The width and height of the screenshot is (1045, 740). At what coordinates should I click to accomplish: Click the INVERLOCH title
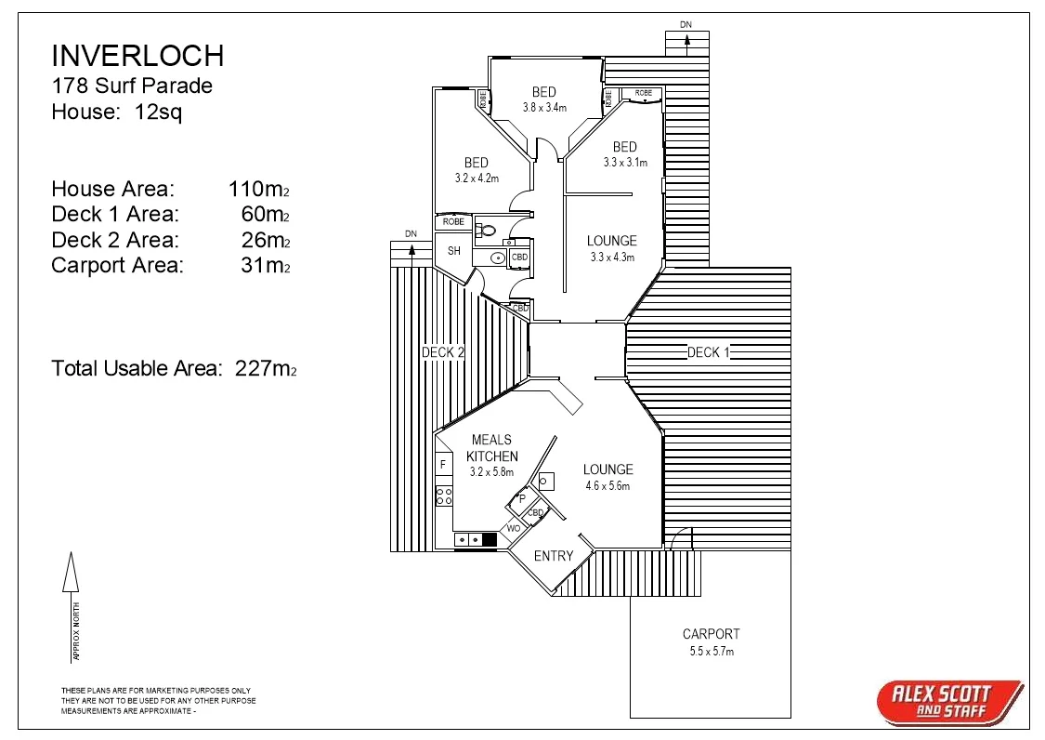pyautogui.click(x=137, y=56)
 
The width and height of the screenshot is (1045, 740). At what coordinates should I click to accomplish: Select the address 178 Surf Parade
pyautogui.click(x=132, y=86)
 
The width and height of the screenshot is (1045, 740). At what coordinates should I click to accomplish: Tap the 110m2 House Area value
pyautogui.click(x=259, y=189)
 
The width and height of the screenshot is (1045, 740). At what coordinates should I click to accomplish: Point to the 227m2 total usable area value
pyautogui.click(x=266, y=368)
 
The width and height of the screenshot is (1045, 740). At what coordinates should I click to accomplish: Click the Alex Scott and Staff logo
pyautogui.click(x=947, y=701)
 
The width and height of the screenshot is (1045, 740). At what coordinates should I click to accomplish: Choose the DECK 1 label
pyautogui.click(x=709, y=352)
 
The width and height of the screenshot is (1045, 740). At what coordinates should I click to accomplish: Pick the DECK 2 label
pyautogui.click(x=443, y=352)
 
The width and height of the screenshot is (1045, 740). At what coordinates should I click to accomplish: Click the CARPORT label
pyautogui.click(x=711, y=634)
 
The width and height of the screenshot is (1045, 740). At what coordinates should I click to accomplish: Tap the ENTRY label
pyautogui.click(x=554, y=556)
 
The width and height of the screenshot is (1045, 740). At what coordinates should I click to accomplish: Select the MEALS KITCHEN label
pyautogui.click(x=491, y=448)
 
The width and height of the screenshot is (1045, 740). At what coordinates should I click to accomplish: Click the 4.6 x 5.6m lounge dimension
pyautogui.click(x=607, y=486)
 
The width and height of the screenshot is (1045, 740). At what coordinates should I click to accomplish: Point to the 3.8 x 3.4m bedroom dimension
pyautogui.click(x=544, y=108)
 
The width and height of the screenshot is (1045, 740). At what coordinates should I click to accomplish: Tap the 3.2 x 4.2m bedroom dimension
pyautogui.click(x=477, y=178)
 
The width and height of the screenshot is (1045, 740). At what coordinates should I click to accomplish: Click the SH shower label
pyautogui.click(x=454, y=251)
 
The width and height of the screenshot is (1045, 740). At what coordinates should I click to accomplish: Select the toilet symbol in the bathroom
pyautogui.click(x=485, y=230)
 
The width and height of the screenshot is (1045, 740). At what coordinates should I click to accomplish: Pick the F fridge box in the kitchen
pyautogui.click(x=443, y=463)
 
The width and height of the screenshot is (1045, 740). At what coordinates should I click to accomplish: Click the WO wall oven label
pyautogui.click(x=513, y=528)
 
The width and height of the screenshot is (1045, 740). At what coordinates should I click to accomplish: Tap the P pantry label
pyautogui.click(x=522, y=499)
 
